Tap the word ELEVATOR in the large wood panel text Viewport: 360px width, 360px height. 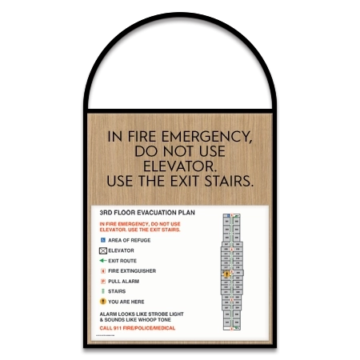180,166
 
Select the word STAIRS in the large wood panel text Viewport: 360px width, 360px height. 224,182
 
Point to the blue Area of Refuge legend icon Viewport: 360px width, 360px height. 102,240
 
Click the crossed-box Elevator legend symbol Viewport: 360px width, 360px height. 102,250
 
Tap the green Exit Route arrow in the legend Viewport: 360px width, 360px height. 102,261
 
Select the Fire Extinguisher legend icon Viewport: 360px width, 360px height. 102,271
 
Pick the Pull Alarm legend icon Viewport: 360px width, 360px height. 102,282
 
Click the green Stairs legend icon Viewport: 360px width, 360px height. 102,291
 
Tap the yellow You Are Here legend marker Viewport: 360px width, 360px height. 102,302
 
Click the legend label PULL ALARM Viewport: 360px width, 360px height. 126,282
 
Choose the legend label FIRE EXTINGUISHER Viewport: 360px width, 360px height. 132,271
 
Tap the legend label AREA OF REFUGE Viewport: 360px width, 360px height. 129,240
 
